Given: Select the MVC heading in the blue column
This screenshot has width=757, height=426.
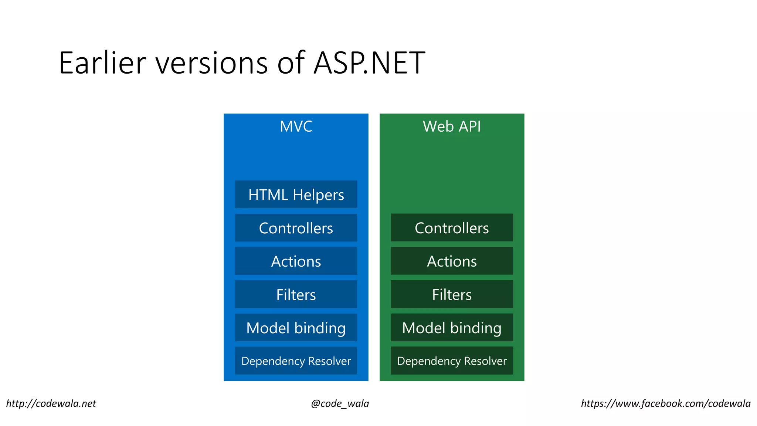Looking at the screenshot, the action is click(x=296, y=126).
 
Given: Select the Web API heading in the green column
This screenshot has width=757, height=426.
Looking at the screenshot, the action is click(x=452, y=126).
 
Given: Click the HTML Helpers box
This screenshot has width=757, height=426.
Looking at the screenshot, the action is click(x=296, y=195).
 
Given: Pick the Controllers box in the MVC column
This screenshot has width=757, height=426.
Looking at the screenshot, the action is click(x=296, y=228).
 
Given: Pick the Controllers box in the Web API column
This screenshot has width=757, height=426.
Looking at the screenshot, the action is click(x=452, y=228).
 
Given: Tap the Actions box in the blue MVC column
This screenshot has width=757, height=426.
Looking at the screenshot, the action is click(x=296, y=261).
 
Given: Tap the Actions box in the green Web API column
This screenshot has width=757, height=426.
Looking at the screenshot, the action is click(x=452, y=261).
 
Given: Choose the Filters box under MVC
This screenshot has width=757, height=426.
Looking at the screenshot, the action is click(x=296, y=294).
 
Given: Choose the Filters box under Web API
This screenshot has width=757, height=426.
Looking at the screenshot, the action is click(x=452, y=294).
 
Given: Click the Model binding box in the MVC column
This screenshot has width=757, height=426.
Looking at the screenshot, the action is click(x=296, y=328).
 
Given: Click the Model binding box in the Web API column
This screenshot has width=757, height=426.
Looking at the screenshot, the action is click(x=452, y=328).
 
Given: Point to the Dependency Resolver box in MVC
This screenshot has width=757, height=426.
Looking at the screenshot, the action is click(x=296, y=361).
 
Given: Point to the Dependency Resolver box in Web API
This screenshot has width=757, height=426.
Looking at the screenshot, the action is click(x=452, y=361).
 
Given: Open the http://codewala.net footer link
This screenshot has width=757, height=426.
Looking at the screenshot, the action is click(x=51, y=403).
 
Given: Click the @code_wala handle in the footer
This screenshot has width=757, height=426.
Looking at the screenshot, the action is click(x=340, y=403).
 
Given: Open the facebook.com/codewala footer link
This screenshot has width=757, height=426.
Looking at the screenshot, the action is click(x=666, y=403).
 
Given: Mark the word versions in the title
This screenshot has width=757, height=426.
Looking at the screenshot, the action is click(x=211, y=63).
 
